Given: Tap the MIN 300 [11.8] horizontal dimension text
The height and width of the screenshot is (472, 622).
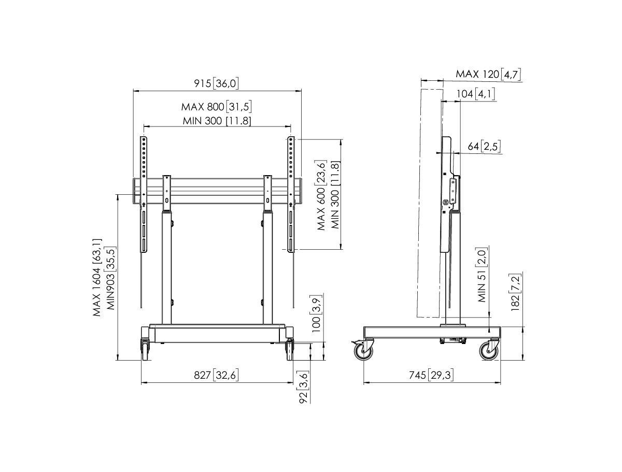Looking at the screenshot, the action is pos(217,121).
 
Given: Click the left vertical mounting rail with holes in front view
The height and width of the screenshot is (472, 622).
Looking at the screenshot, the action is pos(144,194).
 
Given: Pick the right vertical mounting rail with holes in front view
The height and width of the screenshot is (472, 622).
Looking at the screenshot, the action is pos(291,194).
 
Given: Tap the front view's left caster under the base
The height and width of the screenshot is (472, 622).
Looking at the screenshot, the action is pos(145,350).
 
